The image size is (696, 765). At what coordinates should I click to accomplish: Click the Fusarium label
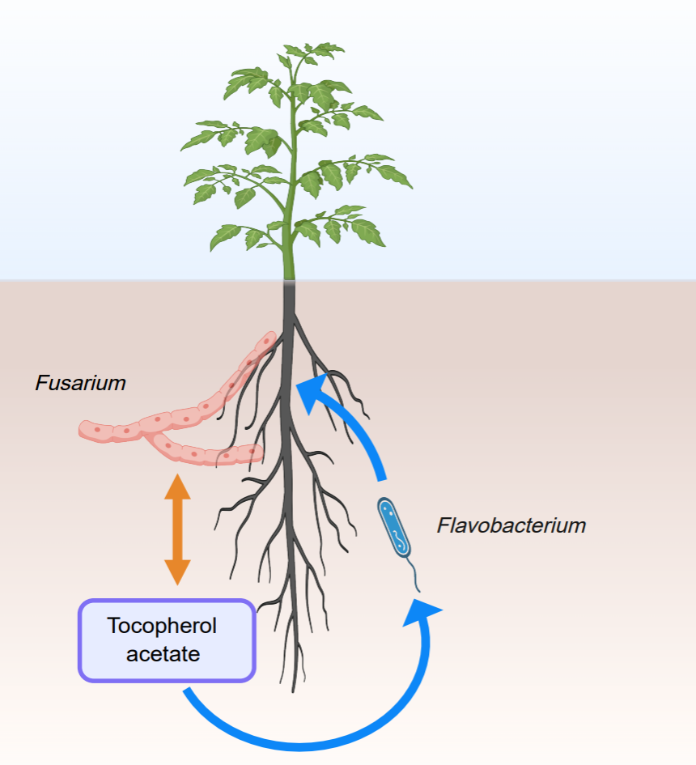[80, 383]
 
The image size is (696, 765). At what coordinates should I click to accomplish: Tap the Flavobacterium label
[511, 525]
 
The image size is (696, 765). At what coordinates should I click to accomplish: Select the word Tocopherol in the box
[162, 626]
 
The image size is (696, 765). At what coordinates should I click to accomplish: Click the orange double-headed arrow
[177, 530]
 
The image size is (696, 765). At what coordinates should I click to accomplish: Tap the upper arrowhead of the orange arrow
[177, 489]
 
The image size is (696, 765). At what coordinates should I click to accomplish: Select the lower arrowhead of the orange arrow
[177, 572]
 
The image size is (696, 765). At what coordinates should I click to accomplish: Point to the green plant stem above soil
[289, 243]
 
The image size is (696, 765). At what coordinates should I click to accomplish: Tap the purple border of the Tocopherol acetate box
[79, 640]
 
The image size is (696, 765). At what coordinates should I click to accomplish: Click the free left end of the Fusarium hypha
[83, 430]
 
